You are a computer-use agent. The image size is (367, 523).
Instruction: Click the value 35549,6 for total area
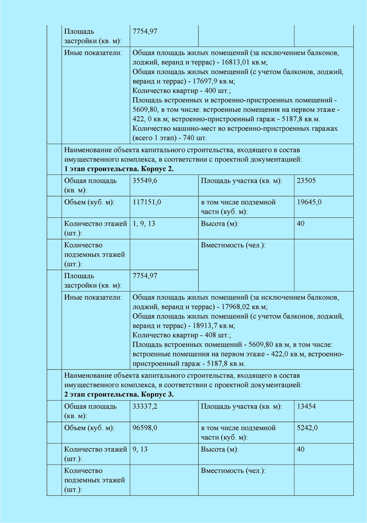[x=145, y=181]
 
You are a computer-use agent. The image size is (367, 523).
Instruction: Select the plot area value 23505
[x=306, y=181]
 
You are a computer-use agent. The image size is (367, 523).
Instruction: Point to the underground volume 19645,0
[x=309, y=202]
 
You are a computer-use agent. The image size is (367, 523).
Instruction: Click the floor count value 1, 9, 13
[x=144, y=224]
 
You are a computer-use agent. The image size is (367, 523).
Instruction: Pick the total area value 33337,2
[x=145, y=406]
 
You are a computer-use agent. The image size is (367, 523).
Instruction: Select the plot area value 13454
[x=306, y=406]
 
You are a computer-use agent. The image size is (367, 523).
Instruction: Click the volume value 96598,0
[x=145, y=428]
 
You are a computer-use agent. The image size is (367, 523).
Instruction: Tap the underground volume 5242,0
[x=307, y=428]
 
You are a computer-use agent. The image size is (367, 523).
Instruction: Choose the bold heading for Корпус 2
[x=119, y=169]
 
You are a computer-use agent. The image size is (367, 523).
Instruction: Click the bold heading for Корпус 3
[x=119, y=394]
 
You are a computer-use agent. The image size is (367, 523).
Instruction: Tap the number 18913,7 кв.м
[x=214, y=326]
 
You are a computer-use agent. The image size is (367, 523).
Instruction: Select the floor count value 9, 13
[x=140, y=449]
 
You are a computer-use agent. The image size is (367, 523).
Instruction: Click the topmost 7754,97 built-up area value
[x=145, y=31]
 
